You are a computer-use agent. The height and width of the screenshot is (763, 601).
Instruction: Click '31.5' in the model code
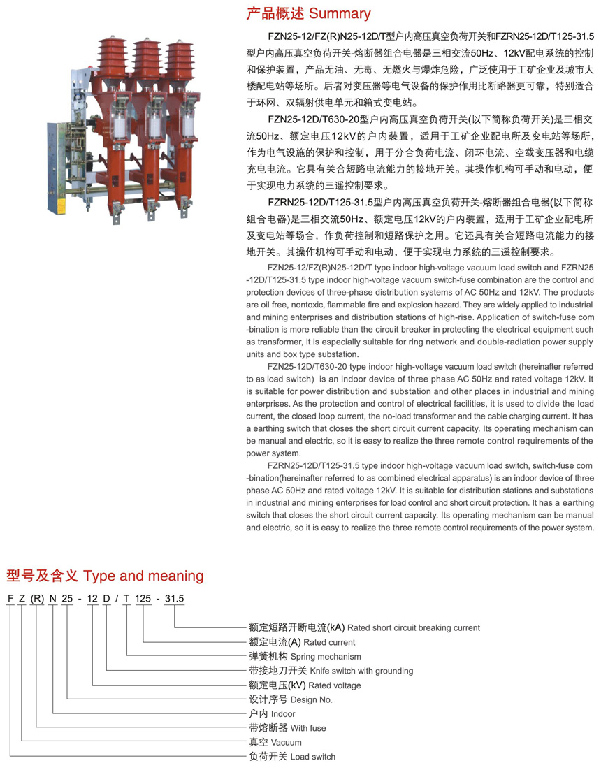(x=173, y=599)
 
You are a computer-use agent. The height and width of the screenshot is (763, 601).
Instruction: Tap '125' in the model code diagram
(x=143, y=599)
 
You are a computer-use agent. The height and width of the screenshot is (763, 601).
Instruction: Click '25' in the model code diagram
(x=67, y=599)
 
